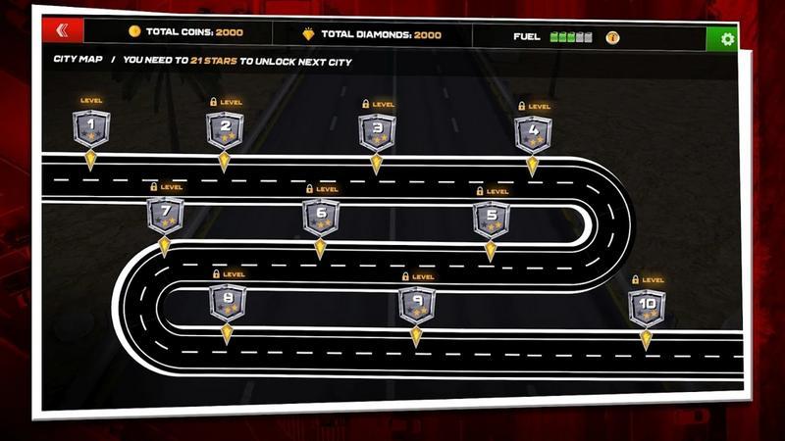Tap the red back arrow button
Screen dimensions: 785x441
point(63,30)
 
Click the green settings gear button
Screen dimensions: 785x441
point(727,39)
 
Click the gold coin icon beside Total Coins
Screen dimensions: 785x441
point(134,31)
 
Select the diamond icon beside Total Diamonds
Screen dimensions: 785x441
point(308,34)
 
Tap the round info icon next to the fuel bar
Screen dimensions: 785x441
point(612,37)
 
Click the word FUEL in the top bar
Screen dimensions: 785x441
point(527,36)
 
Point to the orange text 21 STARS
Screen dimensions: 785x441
point(214,61)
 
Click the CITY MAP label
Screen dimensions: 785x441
point(78,59)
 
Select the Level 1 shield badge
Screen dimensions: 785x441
point(91,128)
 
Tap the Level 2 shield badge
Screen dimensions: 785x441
point(226,130)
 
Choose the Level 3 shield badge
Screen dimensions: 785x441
point(378,132)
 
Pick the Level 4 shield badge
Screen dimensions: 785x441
point(533,134)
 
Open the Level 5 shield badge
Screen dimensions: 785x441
point(492,220)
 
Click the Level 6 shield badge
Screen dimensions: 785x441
point(321,218)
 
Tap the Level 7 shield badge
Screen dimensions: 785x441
point(165,216)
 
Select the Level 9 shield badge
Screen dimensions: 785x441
point(417,305)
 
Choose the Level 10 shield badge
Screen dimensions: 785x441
point(647,308)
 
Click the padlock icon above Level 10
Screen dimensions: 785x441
point(635,279)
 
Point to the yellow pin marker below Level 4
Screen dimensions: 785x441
point(532,167)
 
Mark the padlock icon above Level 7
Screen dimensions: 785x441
point(154,186)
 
